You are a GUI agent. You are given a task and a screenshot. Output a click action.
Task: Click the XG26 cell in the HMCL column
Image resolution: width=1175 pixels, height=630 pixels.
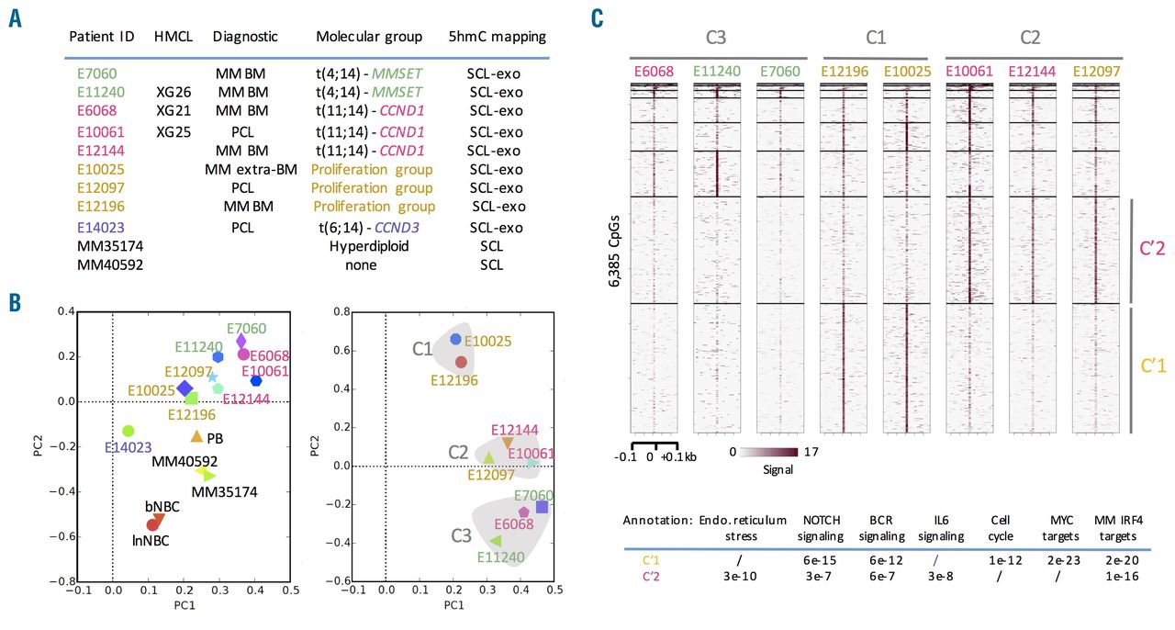(x=173, y=92)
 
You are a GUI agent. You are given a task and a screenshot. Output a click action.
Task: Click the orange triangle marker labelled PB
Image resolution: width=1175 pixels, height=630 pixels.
(x=196, y=436)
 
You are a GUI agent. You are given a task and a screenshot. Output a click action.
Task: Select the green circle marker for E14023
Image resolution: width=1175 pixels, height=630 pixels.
(x=129, y=431)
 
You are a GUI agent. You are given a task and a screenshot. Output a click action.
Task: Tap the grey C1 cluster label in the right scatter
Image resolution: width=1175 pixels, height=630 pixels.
(x=423, y=349)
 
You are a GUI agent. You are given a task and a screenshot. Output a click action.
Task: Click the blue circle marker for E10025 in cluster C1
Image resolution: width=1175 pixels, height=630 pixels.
(x=455, y=339)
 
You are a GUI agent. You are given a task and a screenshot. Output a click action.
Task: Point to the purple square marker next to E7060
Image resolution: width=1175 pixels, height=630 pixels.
(x=542, y=507)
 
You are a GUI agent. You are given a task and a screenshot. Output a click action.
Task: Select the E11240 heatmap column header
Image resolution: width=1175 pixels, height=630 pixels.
(x=717, y=72)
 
